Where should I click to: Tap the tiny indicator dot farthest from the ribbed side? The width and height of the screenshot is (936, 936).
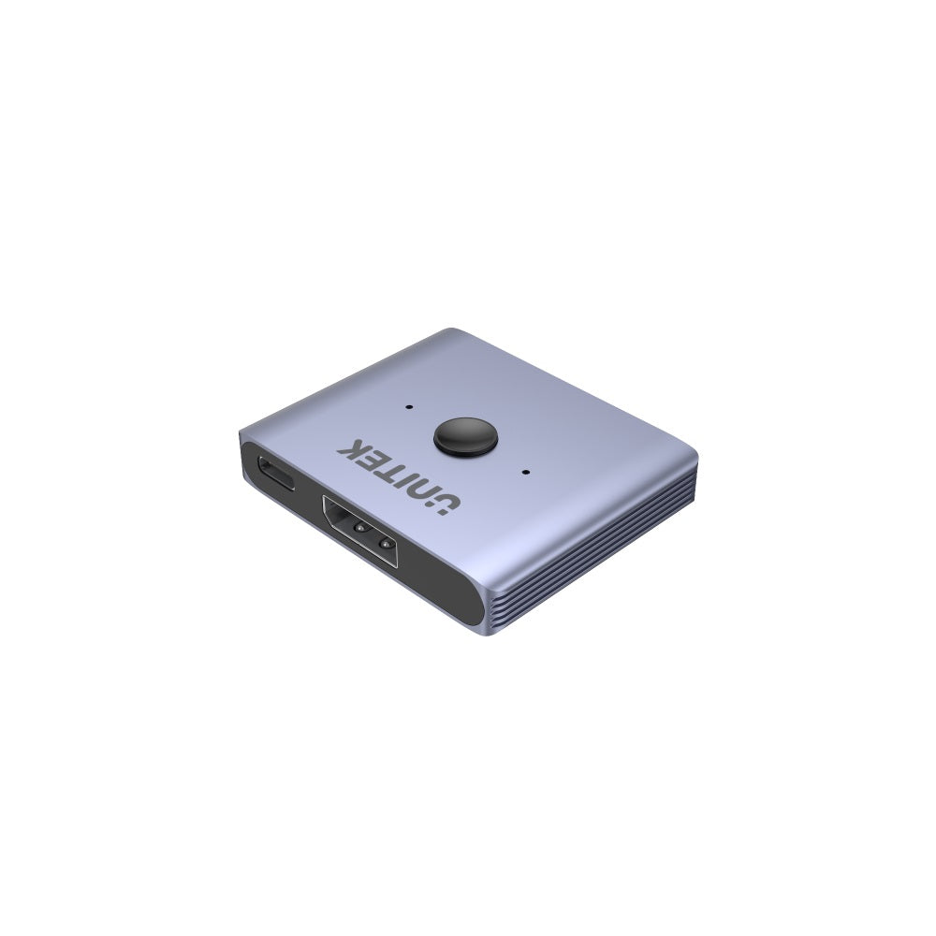coord(409,407)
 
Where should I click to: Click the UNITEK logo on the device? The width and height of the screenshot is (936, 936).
coord(400,476)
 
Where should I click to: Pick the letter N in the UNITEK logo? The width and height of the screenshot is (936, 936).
coord(420,490)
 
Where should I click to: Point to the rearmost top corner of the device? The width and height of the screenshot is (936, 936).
coord(457,330)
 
